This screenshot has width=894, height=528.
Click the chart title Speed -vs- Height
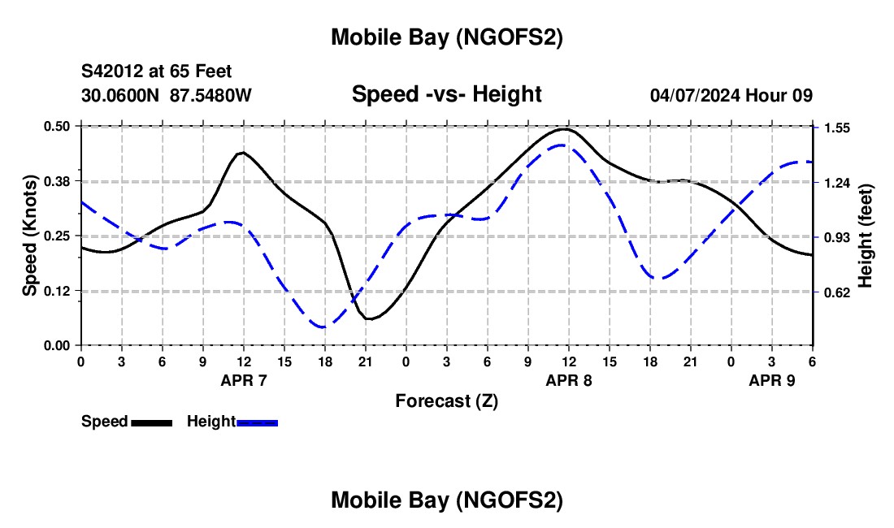pos(446,95)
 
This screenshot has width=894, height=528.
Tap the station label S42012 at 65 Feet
pos(156,72)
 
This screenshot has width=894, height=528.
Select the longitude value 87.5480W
pos(211,95)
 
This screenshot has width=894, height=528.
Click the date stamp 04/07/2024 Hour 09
pos(731,95)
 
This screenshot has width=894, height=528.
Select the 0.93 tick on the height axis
pos(836,237)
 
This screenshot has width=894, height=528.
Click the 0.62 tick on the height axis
pos(836,292)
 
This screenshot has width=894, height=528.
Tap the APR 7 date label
pos(244,380)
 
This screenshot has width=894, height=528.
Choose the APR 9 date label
pos(772,380)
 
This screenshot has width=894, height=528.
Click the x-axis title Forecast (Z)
pos(446,400)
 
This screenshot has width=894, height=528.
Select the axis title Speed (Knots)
pos(30,236)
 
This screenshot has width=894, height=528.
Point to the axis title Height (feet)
pos(865,236)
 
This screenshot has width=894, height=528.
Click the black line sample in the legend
pos(151,422)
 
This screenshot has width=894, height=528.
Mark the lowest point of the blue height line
pos(324,327)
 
